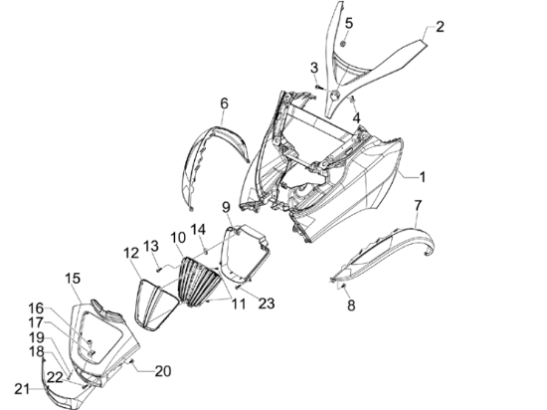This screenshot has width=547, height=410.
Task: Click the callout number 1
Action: pyautogui.click(x=423, y=177)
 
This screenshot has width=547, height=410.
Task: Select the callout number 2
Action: pyautogui.click(x=440, y=27)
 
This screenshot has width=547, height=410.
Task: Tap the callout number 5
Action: pyautogui.click(x=349, y=23)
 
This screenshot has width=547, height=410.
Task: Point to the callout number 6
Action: pyautogui.click(x=225, y=103)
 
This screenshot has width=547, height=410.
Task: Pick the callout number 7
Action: pyautogui.click(x=418, y=205)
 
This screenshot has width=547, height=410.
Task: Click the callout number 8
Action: pyautogui.click(x=351, y=306)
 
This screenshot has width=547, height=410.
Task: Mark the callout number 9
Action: pyautogui.click(x=226, y=207)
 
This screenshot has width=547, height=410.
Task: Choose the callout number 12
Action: pyautogui.click(x=131, y=253)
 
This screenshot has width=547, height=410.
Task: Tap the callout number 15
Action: pyautogui.click(x=73, y=278)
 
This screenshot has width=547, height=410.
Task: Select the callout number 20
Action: pyautogui.click(x=163, y=371)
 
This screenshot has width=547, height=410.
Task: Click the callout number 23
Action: pyautogui.click(x=267, y=304)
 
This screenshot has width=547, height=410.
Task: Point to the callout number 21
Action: pyautogui.click(x=22, y=389)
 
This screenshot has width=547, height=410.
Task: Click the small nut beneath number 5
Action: pyautogui.click(x=343, y=43)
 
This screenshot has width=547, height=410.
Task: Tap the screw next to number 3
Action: pyautogui.click(x=318, y=87)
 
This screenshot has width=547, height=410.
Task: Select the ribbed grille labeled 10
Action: pyautogui.click(x=200, y=282)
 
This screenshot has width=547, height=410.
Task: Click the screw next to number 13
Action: pyautogui.click(x=159, y=269)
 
